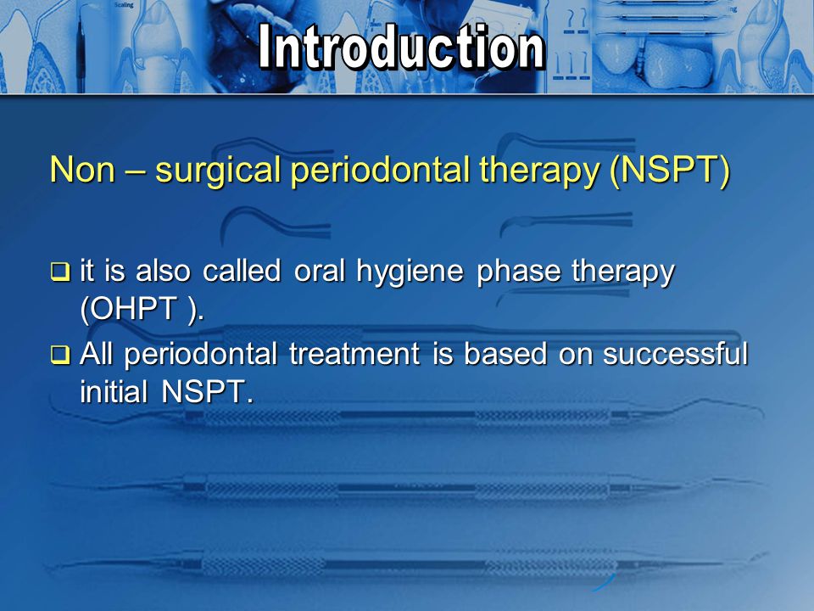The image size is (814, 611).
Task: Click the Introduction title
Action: (401, 48)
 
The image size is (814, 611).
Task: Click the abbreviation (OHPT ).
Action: (142, 310)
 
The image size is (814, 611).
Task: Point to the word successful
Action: (676, 356)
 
